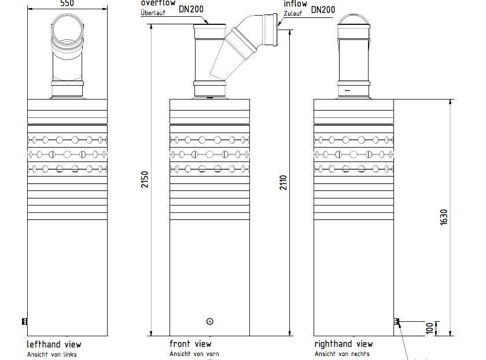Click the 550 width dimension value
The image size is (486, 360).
(x=67, y=3)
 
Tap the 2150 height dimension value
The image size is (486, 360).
(x=145, y=179)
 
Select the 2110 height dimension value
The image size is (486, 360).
(x=283, y=182)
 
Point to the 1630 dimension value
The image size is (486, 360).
(x=444, y=217)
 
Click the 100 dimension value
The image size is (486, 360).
(x=429, y=328)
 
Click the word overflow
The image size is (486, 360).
(x=158, y=3)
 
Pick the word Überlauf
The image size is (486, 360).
(x=153, y=13)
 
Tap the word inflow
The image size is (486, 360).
(x=296, y=3)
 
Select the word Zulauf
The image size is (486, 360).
(x=293, y=14)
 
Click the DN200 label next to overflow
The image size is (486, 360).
(x=192, y=9)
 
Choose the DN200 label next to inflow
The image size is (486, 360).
(x=323, y=10)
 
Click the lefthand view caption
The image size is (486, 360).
(x=54, y=344)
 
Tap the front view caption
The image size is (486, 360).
(x=190, y=344)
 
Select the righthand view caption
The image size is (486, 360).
(x=344, y=344)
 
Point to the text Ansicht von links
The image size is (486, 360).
(x=51, y=354)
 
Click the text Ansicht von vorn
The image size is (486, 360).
(x=194, y=354)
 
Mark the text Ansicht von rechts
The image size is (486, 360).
(x=342, y=354)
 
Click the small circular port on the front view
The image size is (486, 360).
(x=210, y=322)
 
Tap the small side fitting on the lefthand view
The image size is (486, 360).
(x=24, y=322)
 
